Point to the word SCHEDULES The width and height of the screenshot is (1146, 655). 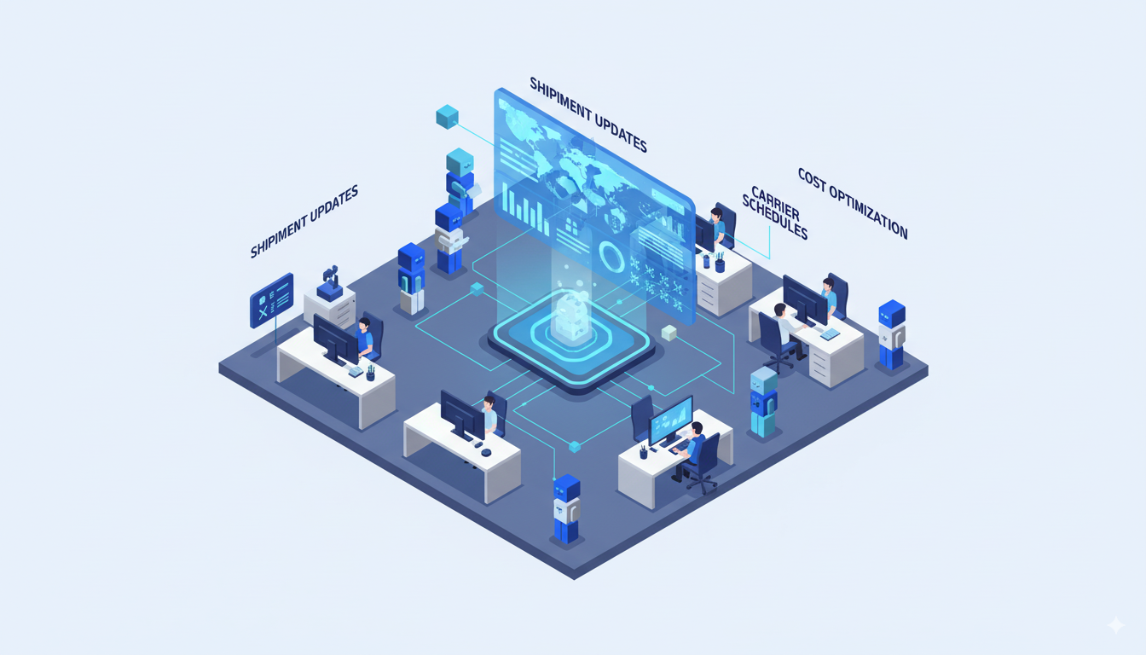tap(774, 218)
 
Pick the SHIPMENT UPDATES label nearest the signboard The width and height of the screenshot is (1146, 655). tap(304, 222)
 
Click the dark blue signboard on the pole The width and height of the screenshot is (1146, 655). tap(271, 300)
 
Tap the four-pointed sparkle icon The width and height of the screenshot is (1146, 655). tap(1115, 625)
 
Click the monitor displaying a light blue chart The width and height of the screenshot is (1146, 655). tap(670, 420)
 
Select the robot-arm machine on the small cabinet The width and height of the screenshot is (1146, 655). tap(329, 283)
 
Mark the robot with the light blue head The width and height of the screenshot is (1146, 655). tap(763, 401)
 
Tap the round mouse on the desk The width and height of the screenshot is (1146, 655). tap(485, 452)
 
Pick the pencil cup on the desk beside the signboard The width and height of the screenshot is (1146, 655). tap(371, 373)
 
